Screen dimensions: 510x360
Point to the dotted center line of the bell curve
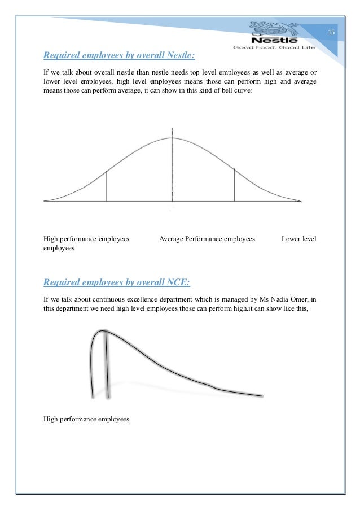pos(173,169)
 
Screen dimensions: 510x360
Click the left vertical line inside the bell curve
pos(106,186)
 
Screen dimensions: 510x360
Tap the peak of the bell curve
pos(173,138)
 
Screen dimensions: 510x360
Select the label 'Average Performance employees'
pos(207,239)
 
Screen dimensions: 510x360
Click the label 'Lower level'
pos(298,239)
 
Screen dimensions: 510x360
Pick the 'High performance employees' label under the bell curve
pos(86,239)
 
